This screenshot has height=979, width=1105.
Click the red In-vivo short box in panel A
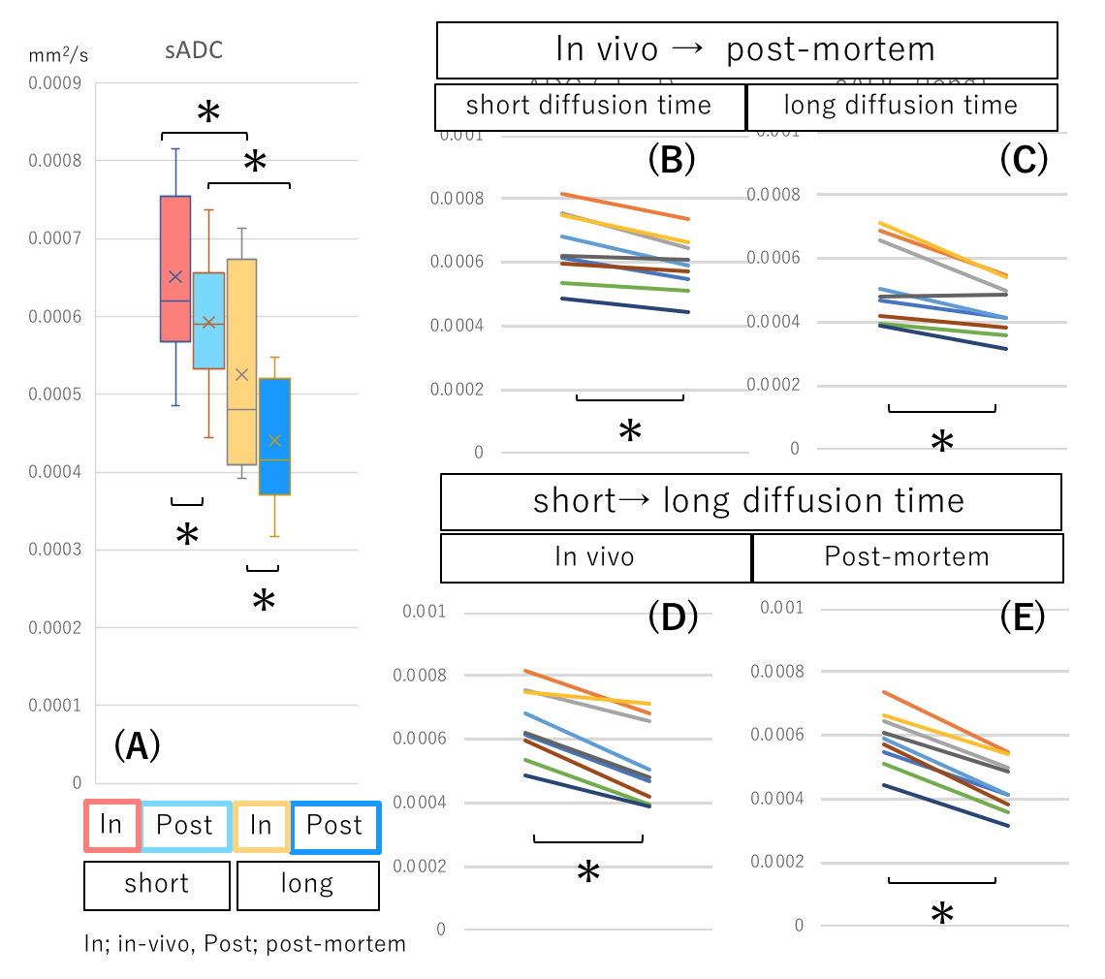pos(174,268)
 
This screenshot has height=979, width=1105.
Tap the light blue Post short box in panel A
pos(208,320)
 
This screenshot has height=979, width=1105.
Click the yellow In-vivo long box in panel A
pos(241,362)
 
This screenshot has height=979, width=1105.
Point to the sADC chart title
pos(194,50)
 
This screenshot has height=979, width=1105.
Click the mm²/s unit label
pos(58,55)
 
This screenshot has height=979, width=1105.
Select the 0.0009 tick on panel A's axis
pos(54,83)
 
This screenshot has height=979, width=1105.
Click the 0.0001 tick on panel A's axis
pos(54,706)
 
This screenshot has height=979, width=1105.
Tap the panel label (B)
pos(671,160)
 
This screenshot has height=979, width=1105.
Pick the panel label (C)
pos(1024,160)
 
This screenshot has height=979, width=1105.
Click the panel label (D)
pos(673,617)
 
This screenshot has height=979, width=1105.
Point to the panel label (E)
pos(1023,616)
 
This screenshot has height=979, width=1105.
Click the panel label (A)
pos(137,745)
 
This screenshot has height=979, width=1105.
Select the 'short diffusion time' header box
pos(589,106)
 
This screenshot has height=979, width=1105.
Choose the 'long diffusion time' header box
pos(901,106)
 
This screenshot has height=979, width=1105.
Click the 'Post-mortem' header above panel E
pos(907,556)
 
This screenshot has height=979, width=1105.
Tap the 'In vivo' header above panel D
pos(595,556)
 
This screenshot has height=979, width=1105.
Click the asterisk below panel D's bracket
pos(588,874)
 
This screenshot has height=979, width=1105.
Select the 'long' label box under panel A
pos(307,884)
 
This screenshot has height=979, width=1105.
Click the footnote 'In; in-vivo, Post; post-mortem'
pos(245,943)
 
